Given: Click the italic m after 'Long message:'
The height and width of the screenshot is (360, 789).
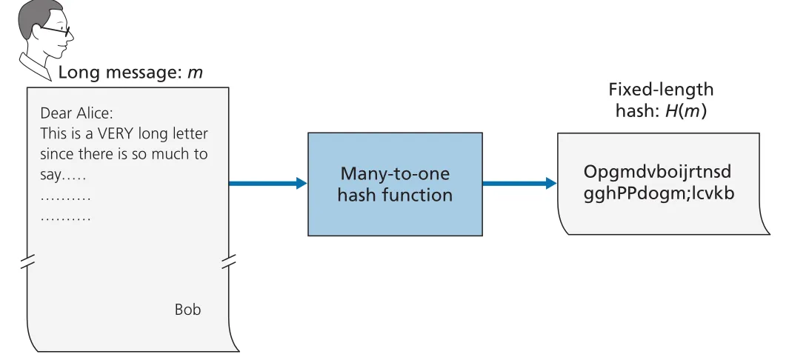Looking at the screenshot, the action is (x=195, y=73).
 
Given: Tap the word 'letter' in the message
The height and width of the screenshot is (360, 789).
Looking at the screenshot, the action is (x=190, y=134).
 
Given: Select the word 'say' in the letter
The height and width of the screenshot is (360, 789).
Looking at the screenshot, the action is (x=50, y=176).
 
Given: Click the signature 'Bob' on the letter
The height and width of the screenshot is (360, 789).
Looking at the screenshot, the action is (x=187, y=309).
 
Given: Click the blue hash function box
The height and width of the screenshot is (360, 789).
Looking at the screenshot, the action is (x=395, y=184).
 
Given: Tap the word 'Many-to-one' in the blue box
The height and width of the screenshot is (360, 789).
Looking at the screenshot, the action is (x=395, y=174).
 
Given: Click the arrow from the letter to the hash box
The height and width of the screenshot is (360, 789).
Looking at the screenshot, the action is (x=267, y=183).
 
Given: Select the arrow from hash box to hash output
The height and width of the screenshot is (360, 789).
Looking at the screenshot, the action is (x=520, y=183).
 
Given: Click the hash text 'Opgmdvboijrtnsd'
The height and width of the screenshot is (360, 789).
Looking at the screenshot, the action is (x=657, y=172).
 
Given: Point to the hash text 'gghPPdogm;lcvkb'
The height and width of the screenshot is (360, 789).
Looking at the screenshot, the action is (x=659, y=193).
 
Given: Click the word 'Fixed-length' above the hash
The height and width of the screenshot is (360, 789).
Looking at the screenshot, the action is (x=661, y=90).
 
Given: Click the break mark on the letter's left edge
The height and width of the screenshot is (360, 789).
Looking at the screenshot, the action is (x=27, y=261).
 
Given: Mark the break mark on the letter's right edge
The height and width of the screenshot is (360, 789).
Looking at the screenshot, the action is (x=229, y=261).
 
